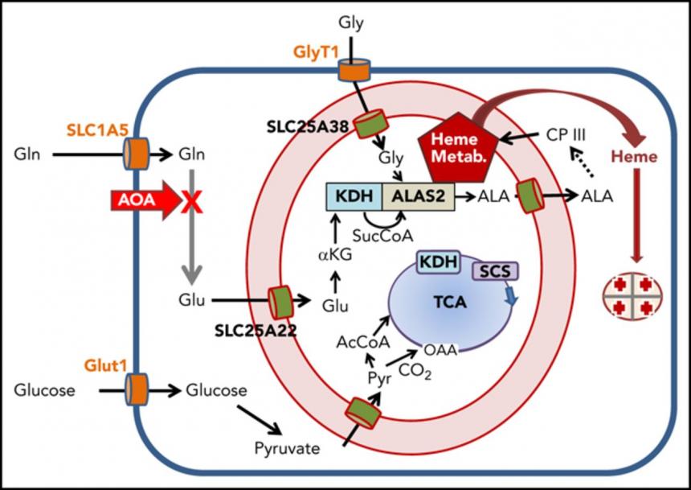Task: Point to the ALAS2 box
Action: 419,196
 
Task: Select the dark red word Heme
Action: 634,157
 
